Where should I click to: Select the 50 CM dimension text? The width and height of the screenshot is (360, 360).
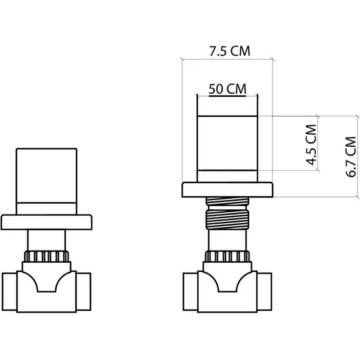coord(227,89)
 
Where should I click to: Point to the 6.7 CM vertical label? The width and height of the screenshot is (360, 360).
coord(350,156)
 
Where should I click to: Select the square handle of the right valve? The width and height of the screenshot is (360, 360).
coord(227,146)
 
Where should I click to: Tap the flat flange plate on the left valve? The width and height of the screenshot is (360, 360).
coord(47,222)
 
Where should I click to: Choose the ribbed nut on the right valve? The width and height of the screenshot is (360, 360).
coord(227,256)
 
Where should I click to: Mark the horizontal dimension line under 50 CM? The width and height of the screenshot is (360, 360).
coord(227,95)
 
